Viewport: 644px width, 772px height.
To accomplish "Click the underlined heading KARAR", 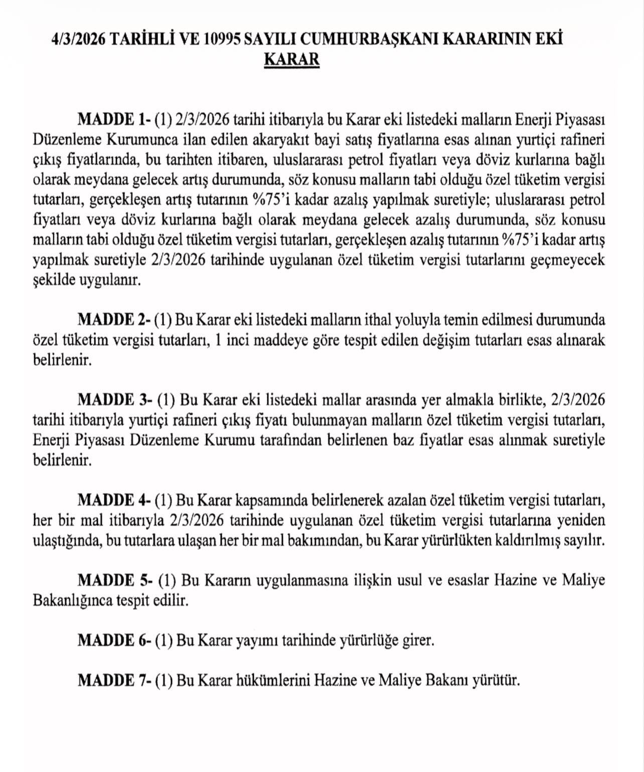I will point(291,59).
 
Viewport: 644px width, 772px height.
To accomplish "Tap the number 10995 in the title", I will point(222,39).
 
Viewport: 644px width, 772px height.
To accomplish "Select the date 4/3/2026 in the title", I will point(78,39).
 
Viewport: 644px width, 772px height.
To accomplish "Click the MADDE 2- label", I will point(114,320).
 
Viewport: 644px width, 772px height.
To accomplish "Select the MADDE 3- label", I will point(115,400).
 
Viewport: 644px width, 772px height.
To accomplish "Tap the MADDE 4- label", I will point(114,500).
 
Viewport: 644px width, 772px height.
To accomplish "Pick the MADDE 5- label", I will point(115,580).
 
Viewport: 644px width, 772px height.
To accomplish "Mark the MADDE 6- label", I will point(114,640).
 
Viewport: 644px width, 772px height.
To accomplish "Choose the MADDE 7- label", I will point(114,681).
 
